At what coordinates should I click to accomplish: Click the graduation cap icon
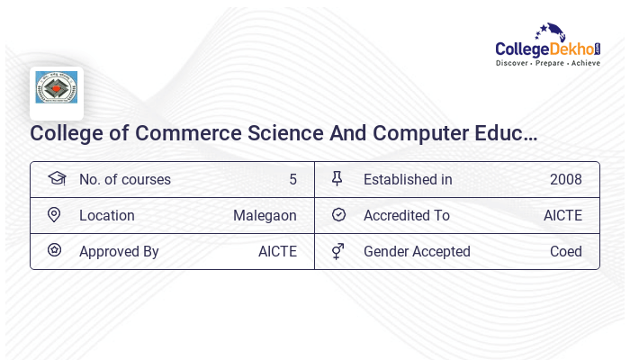click(x=56, y=178)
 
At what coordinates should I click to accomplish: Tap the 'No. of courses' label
click(x=125, y=179)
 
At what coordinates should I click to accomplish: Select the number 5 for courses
click(x=292, y=179)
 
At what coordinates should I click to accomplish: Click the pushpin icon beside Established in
click(x=337, y=178)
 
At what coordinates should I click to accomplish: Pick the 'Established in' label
click(x=408, y=179)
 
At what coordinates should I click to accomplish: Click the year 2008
click(x=566, y=179)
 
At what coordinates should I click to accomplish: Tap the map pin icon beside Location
click(x=54, y=215)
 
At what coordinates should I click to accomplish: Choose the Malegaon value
click(x=265, y=215)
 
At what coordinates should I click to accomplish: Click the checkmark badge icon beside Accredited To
click(x=338, y=215)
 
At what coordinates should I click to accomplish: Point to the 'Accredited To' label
click(x=407, y=215)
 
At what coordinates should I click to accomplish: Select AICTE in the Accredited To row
click(x=562, y=215)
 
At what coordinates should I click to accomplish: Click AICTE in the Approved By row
click(x=277, y=251)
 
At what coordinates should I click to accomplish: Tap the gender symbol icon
click(x=337, y=251)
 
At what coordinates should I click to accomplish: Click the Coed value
click(x=566, y=251)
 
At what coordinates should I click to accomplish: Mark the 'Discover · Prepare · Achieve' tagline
click(x=547, y=64)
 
